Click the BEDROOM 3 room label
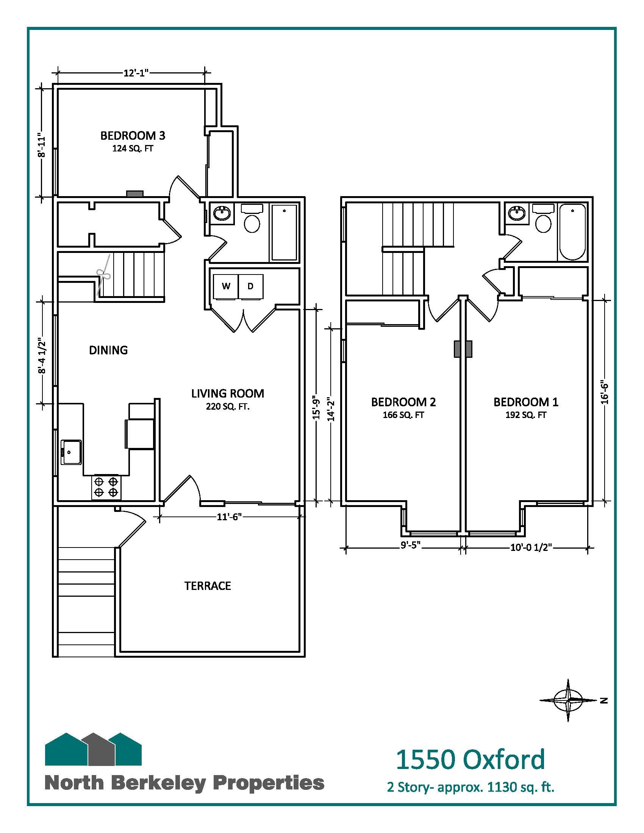tap(133, 136)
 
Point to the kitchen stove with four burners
tap(106, 487)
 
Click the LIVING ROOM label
tap(228, 393)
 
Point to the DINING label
tap(108, 350)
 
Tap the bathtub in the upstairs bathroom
tap(572, 232)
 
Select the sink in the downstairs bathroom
tap(222, 213)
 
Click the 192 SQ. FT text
tap(526, 415)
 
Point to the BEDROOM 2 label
tap(404, 402)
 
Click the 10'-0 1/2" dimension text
tap(531, 548)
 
